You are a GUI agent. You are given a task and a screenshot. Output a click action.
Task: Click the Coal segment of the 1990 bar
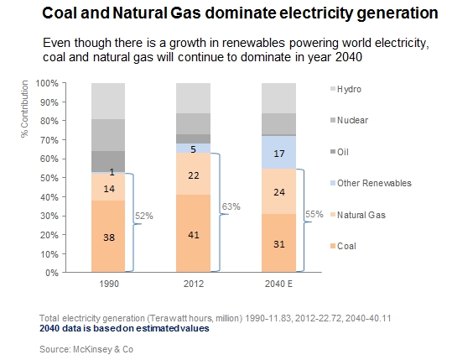click(x=108, y=236)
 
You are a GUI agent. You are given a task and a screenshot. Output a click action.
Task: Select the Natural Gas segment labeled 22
click(x=193, y=174)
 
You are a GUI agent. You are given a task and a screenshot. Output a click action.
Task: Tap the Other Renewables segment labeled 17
click(x=278, y=152)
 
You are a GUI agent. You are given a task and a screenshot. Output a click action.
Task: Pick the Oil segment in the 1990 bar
click(x=108, y=161)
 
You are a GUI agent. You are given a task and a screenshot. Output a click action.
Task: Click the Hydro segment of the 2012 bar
click(x=193, y=98)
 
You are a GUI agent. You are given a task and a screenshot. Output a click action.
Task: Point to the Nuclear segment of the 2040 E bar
click(x=278, y=123)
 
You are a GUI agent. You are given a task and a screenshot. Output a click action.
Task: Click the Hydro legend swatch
click(x=333, y=89)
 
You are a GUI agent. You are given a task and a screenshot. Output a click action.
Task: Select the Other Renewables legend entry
click(x=371, y=183)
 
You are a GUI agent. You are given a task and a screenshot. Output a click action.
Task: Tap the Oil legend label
click(x=343, y=152)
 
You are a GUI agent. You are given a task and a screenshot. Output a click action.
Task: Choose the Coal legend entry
click(x=343, y=246)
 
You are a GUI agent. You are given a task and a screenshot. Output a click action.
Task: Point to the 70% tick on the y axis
click(x=64, y=140)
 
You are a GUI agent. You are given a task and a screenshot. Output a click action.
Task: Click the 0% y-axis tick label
click(x=52, y=273)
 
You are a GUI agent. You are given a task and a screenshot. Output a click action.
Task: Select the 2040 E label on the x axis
click(x=278, y=284)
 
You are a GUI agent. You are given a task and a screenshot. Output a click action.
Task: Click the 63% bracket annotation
click(x=231, y=206)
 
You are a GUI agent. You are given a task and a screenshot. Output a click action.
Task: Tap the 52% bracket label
click(x=144, y=216)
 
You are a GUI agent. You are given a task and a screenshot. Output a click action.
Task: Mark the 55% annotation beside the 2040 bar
click(x=314, y=214)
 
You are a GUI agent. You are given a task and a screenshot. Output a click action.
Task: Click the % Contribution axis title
click(x=25, y=109)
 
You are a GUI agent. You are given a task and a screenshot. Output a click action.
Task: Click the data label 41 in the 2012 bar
click(x=194, y=235)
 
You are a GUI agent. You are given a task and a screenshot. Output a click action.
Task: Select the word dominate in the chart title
click(x=240, y=13)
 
